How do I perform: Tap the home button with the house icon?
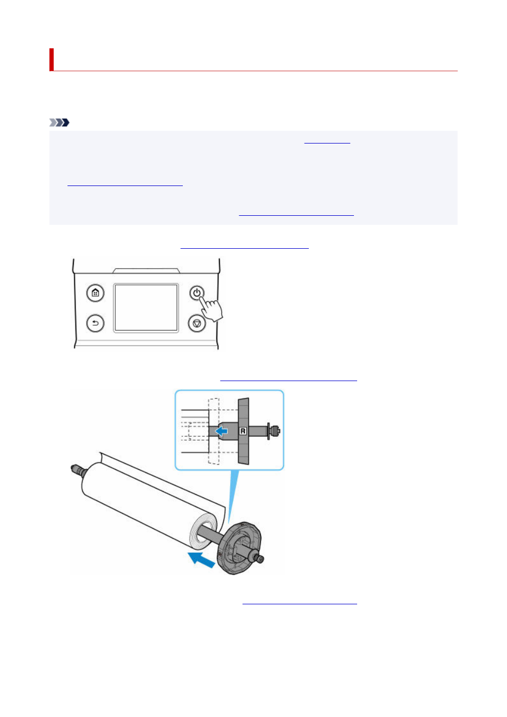95,293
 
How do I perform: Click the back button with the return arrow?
95,323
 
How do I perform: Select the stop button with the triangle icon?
197,323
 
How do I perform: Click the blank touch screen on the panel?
146,308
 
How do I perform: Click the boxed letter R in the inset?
243,431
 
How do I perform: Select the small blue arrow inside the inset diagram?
221,431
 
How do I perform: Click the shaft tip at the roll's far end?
78,470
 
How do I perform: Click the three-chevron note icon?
59,123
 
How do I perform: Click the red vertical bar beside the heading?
52,60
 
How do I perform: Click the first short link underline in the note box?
327,143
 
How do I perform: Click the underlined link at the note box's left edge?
125,185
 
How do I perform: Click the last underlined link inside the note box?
297,215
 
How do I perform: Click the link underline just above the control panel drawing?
244,248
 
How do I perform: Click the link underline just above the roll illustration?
289,381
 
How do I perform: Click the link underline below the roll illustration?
300,604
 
